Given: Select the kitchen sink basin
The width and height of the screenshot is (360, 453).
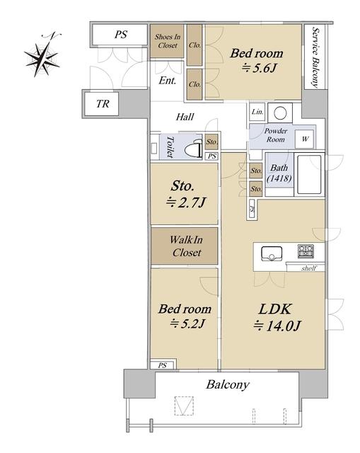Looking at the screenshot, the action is (272, 253).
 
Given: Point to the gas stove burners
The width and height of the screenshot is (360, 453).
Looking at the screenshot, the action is (306, 251).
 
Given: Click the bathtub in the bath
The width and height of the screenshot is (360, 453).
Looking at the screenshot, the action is (309, 175).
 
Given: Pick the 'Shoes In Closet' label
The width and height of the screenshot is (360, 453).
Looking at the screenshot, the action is (168, 41).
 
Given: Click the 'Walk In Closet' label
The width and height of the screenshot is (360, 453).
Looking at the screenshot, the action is (186, 246).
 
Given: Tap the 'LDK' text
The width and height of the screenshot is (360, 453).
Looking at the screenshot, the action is (275, 309).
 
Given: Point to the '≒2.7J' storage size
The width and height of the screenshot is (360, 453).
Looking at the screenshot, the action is (185, 202).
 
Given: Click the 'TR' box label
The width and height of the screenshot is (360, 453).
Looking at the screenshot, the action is (103, 104).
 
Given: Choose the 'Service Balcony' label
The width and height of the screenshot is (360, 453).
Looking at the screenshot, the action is (315, 58).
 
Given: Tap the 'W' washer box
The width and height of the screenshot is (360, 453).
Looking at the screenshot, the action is (305, 139).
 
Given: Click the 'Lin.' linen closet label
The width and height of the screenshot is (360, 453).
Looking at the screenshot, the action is (257, 112).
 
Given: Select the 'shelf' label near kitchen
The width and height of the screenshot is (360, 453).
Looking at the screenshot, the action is (308, 268).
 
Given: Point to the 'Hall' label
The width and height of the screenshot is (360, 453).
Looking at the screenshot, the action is (185, 117).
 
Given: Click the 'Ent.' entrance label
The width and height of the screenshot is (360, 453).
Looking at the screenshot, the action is (168, 80).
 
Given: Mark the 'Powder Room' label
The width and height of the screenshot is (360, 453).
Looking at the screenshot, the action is (276, 135).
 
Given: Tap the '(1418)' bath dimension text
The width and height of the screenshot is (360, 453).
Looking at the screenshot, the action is (279, 178).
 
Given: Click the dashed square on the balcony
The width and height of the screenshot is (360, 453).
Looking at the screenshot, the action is (184, 406).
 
